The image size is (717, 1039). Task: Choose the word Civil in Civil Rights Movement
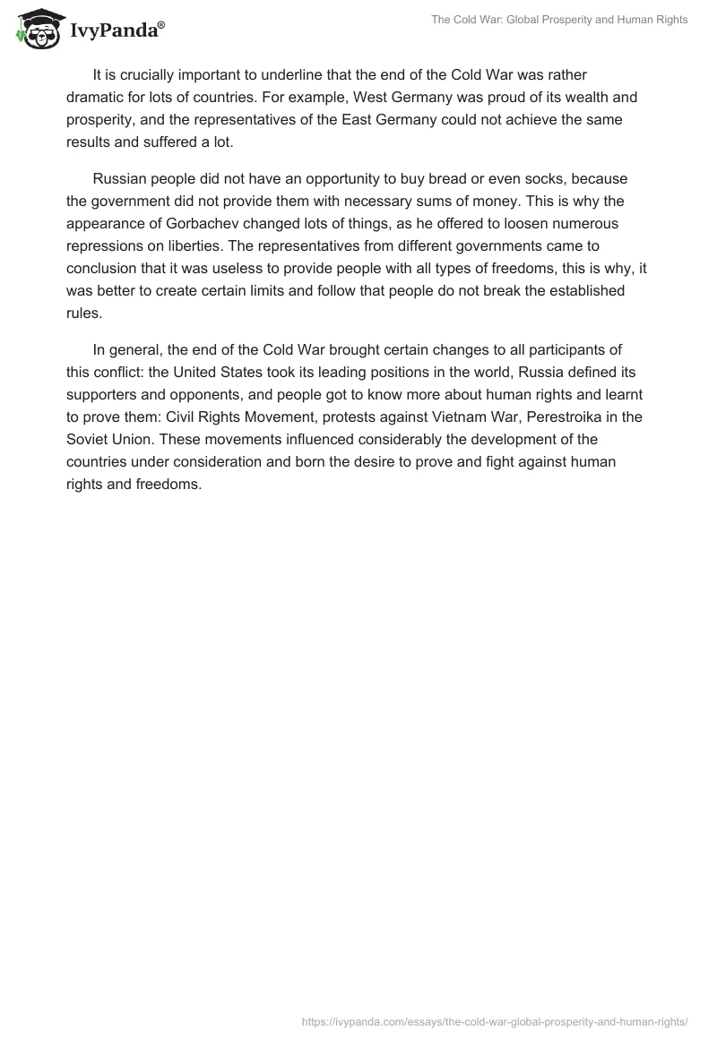tap(183, 416)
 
